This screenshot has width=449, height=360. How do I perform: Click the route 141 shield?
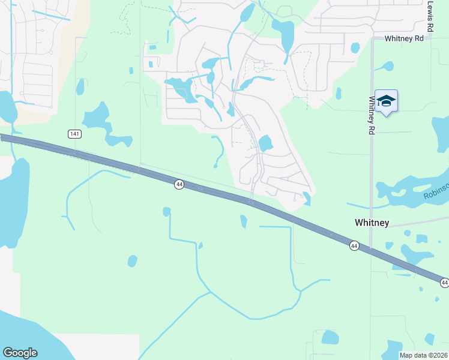click(x=74, y=134)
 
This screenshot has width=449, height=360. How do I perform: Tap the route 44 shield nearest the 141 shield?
click(x=179, y=184)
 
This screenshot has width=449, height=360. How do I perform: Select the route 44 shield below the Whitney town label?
click(x=354, y=245)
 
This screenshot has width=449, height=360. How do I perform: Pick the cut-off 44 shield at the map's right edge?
click(x=445, y=282)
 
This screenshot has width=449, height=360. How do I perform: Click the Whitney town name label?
click(x=372, y=223)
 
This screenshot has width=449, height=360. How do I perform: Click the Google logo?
click(x=20, y=353)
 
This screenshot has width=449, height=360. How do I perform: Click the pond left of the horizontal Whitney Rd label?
click(x=355, y=47)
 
